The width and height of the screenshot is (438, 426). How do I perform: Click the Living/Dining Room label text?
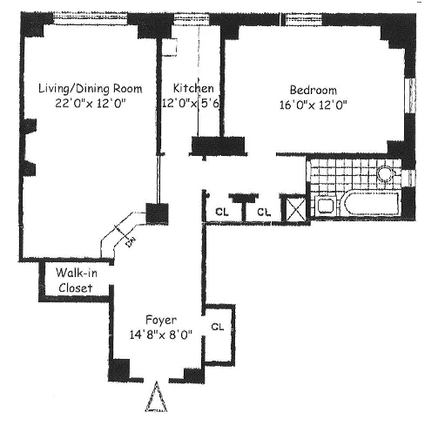tap(84, 88)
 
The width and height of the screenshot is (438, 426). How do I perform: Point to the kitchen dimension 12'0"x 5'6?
tap(193, 103)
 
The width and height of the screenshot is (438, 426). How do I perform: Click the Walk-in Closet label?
tap(73, 279)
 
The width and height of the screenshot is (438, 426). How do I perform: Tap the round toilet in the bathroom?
tap(386, 174)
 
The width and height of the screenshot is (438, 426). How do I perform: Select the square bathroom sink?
tap(324, 206)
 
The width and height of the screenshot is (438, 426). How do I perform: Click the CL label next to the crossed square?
tap(262, 212)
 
